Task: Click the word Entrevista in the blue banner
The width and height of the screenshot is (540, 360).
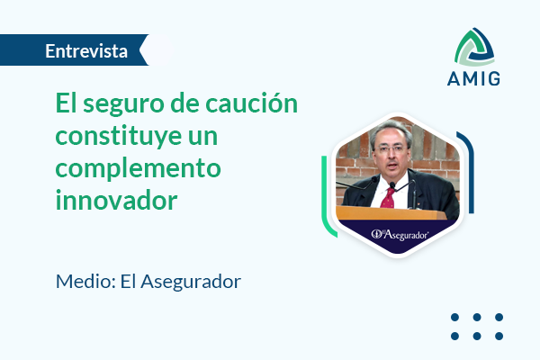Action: coord(86,51)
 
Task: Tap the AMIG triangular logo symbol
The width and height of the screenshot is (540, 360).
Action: coord(474,48)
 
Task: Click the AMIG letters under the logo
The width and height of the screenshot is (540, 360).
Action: coord(473,78)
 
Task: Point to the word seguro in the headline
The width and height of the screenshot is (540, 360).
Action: coord(123,105)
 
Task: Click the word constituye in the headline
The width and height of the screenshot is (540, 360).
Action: coord(119,137)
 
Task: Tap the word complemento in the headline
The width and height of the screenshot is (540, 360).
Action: coord(138,169)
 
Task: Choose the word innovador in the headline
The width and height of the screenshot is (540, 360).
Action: coord(116,200)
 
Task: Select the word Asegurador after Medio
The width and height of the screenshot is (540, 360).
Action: coord(191,282)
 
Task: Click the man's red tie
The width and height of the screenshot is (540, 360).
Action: coord(388,198)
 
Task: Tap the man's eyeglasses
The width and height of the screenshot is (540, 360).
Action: coord(391,148)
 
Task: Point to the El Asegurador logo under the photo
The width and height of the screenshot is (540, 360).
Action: coord(400,235)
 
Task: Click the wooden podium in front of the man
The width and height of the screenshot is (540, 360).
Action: coord(391,213)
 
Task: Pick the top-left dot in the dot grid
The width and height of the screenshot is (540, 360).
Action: coord(454,318)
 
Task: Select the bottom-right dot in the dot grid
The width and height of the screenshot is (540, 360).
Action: coord(499,336)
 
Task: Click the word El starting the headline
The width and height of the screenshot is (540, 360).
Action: coord(66,103)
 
